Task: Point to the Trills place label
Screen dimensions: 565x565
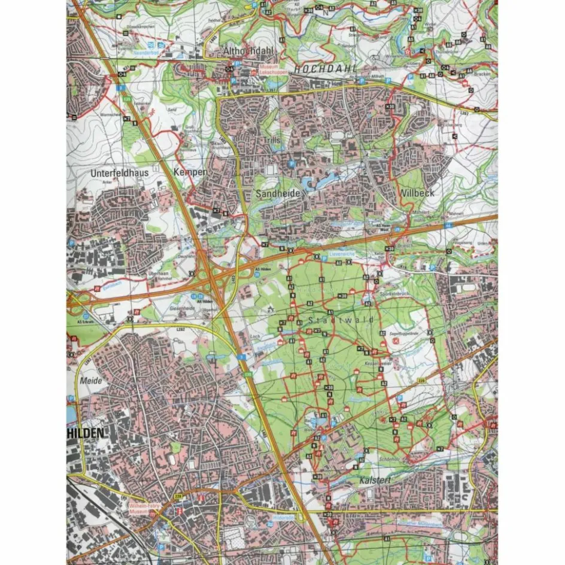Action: (x=271, y=139)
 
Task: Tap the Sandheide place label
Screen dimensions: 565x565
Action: (x=277, y=195)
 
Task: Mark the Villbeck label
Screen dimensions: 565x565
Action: (x=418, y=193)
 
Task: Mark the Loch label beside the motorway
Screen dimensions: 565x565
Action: (x=254, y=337)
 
